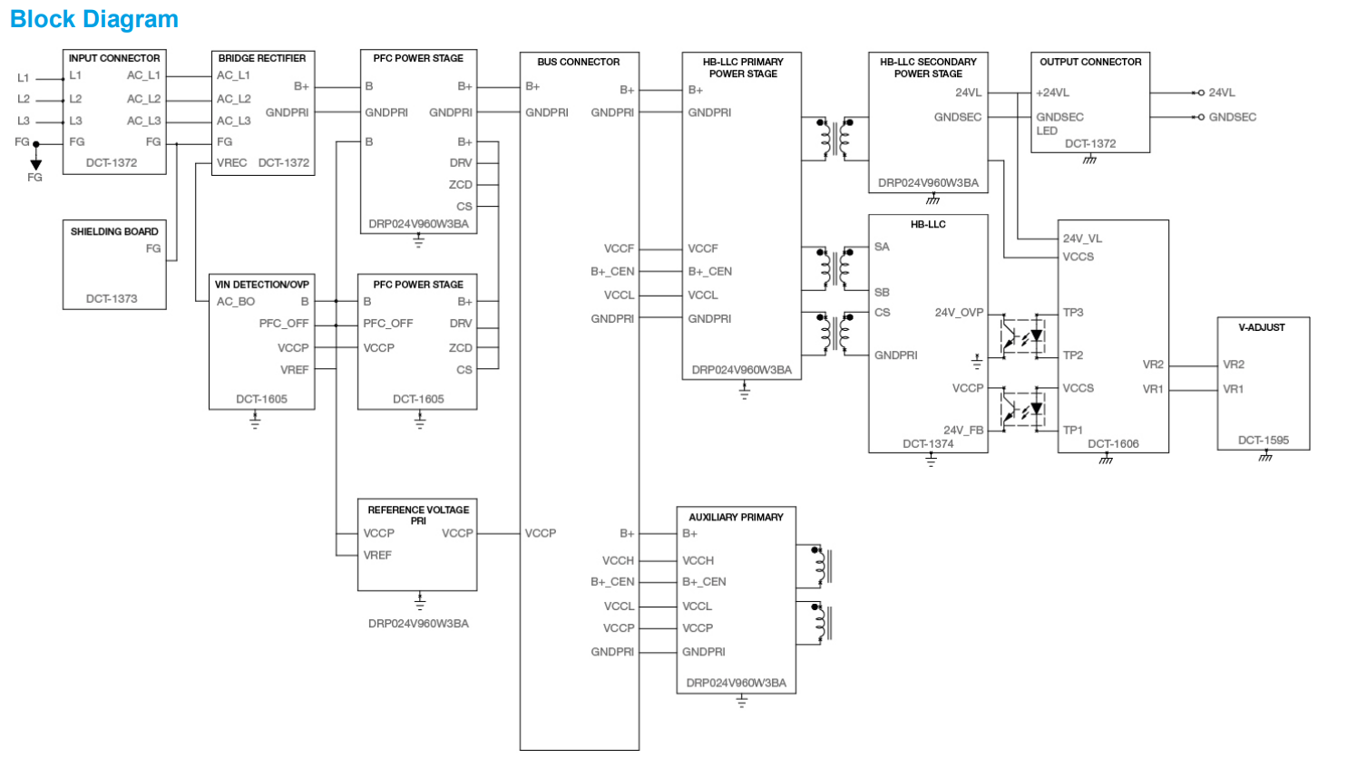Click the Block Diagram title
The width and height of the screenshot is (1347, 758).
[x=94, y=19]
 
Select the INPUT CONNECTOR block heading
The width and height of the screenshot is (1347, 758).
[x=114, y=58]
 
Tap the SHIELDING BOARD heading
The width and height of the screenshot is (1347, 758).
[x=114, y=231]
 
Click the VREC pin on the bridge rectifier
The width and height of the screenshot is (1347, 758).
[x=231, y=163]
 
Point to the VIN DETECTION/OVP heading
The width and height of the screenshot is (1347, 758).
[x=262, y=285]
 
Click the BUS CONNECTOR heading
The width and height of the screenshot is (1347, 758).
[x=579, y=62]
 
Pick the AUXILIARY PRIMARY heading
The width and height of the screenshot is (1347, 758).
[x=736, y=517]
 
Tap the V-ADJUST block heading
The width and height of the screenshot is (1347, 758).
[x=1262, y=327]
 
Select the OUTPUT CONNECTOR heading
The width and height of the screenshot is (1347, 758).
[x=1090, y=62]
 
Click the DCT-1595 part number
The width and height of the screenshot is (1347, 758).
[x=1263, y=441]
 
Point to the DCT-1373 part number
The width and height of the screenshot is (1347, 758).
[x=112, y=298]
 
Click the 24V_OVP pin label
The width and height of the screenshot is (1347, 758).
[x=959, y=313]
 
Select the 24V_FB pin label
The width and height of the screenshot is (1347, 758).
[x=962, y=431]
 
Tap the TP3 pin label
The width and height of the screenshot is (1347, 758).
[x=1073, y=313]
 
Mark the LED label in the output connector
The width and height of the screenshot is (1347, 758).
[x=1047, y=131]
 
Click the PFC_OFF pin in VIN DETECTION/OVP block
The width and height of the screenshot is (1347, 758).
[x=284, y=324]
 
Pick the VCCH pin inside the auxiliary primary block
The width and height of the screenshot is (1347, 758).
[x=698, y=560]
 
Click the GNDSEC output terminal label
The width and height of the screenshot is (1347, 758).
[x=1232, y=117]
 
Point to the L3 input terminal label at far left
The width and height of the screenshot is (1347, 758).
[x=24, y=121]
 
